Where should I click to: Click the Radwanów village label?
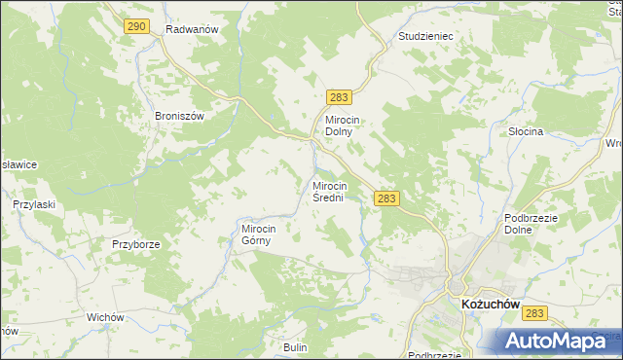coord(190,29)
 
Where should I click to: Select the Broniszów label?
coord(179,115)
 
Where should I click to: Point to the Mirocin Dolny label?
coord(344,126)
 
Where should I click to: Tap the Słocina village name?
coord(525,130)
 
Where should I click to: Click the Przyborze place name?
coord(135,244)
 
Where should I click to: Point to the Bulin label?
coord(295,347)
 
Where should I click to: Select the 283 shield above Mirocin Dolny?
coord(339,97)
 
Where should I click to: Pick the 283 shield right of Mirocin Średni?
coord(386,198)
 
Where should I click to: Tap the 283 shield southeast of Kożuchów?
coord(534,313)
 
